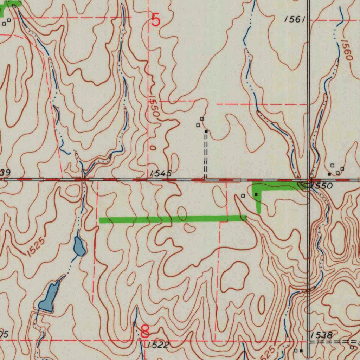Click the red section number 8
145,331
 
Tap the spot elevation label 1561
295,20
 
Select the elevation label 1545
161,173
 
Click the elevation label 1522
158,345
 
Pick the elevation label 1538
322,335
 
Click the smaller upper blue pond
79,246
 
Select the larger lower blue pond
49,297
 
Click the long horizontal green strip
172,220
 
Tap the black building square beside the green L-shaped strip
256,194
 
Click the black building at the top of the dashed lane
206,131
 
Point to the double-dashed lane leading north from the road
206,155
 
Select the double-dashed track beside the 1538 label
334,342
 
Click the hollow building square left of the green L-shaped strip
243,195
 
